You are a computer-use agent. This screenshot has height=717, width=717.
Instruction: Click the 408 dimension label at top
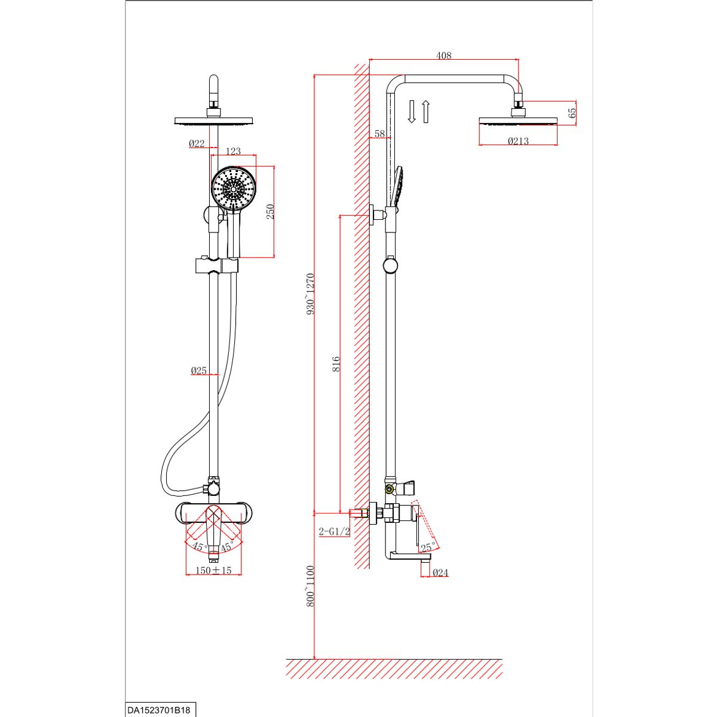point(443,56)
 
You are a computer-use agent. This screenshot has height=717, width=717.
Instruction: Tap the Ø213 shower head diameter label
point(518,141)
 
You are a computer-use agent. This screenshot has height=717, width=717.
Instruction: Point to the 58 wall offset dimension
point(380,134)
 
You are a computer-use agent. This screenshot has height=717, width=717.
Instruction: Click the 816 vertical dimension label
point(336,364)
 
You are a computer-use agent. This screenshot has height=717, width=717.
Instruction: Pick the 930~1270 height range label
point(310,294)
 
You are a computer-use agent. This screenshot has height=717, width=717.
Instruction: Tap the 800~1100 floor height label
point(310,586)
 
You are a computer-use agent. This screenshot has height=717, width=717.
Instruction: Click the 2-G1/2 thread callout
point(334,531)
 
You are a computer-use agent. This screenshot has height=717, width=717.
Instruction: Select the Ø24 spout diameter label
point(440,572)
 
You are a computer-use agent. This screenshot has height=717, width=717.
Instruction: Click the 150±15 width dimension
point(213,571)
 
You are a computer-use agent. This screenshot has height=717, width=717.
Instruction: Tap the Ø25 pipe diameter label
point(198,370)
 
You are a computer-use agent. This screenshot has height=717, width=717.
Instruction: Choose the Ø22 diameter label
point(197,143)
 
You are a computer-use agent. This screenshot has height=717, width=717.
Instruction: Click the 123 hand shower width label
point(233,151)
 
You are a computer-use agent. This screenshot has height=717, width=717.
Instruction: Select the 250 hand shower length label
point(270,212)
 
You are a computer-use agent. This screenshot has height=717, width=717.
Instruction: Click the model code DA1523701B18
point(158,710)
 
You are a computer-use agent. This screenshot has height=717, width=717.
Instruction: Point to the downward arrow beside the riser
point(412,112)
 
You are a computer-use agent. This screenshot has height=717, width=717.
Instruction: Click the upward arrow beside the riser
point(426,112)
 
